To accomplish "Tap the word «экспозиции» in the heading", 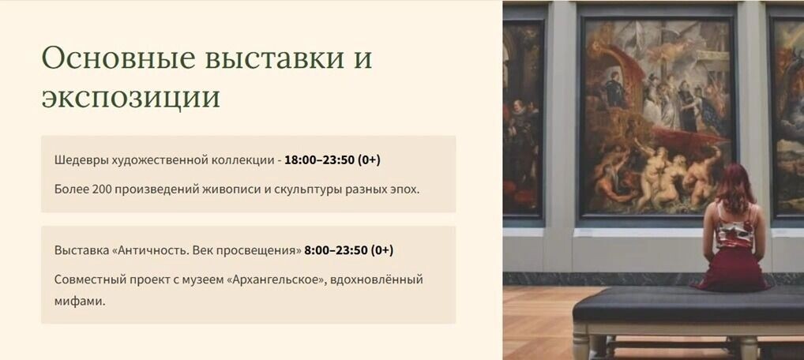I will tap(130, 98).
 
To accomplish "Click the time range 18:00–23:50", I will tap(319, 159).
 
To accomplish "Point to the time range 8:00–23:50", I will tap(336, 250).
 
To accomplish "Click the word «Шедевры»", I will tap(80, 160).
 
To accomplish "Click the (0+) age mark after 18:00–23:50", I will tap(369, 159).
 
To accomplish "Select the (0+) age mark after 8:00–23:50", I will tap(382, 250).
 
